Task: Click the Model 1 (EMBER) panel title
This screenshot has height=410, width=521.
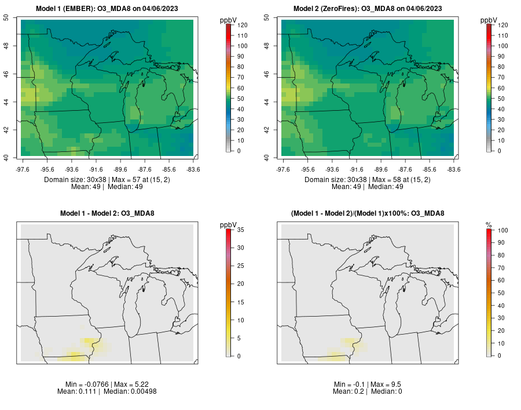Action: (107, 9)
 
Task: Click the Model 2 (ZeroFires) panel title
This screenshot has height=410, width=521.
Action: (368, 9)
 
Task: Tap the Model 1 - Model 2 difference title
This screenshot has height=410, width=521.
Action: (107, 213)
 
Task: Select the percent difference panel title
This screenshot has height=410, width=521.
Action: (368, 213)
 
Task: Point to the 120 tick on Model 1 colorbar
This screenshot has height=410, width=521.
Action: (242, 25)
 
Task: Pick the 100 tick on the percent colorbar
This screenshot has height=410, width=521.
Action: (502, 230)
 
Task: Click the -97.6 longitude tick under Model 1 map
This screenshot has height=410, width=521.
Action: (23, 169)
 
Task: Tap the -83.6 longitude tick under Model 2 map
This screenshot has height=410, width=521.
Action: (454, 169)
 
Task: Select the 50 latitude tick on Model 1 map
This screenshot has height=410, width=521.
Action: (6, 17)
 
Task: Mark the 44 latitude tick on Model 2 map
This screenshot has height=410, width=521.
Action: (266, 102)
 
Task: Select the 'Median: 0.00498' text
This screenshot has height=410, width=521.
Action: (130, 391)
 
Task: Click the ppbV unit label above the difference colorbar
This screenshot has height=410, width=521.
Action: (228, 225)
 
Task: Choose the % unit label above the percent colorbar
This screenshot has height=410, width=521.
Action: (489, 225)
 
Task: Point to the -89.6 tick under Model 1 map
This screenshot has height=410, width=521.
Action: (120, 169)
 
